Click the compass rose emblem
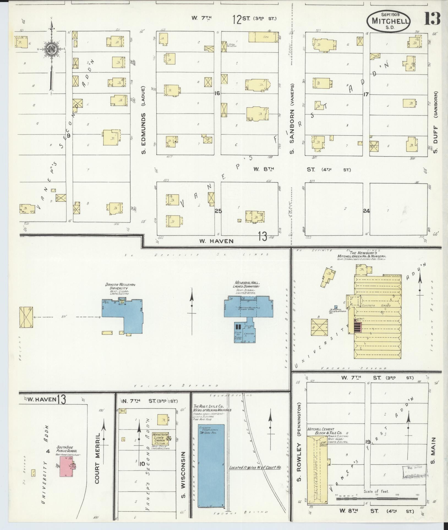[51, 50]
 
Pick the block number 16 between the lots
[217, 94]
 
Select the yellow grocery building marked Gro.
[264, 37]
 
